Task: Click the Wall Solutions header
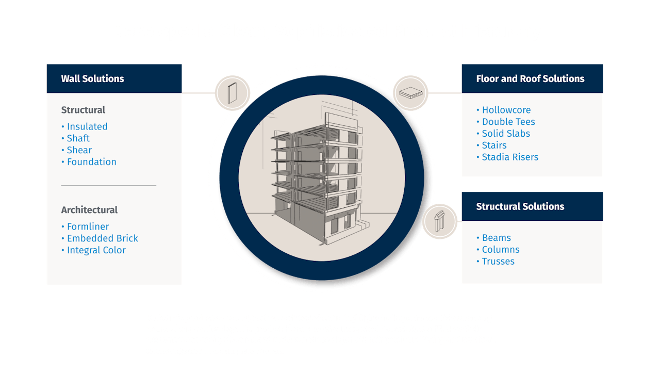93,79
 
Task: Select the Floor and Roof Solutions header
530,79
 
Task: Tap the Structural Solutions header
520,206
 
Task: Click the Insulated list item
87,126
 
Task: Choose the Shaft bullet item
78,138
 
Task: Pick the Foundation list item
91,162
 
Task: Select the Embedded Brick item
102,238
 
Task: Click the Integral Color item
96,250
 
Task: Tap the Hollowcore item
506,110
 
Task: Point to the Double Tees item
508,122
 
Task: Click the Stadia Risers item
509,157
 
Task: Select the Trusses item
498,262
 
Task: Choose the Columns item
500,250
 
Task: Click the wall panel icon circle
233,93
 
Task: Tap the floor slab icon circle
411,93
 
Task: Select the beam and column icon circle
440,221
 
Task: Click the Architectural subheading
89,210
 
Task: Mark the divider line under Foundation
108,185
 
